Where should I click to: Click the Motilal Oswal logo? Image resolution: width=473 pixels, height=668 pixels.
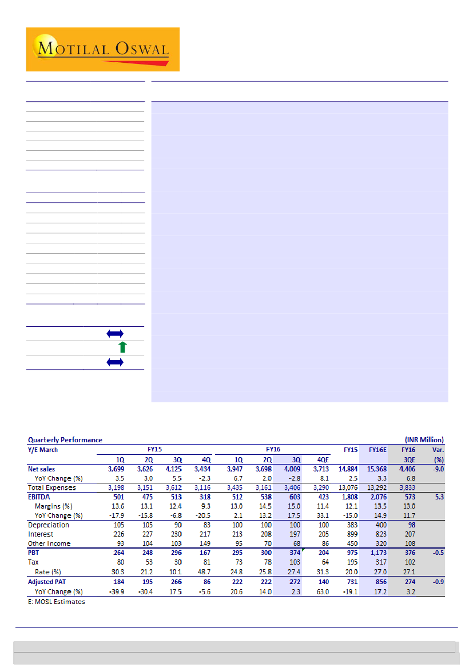click(x=103, y=49)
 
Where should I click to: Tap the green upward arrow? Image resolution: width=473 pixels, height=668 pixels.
click(x=122, y=347)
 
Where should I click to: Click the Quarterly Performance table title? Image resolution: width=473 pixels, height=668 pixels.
click(x=65, y=439)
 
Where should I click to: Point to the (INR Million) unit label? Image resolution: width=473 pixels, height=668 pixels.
click(x=424, y=439)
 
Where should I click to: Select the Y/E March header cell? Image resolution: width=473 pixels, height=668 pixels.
click(x=43, y=450)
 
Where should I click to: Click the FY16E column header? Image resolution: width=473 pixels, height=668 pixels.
click(x=377, y=450)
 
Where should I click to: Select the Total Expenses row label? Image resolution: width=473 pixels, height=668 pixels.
click(x=51, y=487)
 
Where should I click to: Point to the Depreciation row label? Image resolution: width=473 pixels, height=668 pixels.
click(x=49, y=525)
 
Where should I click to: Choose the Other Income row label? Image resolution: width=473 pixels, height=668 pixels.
click(x=49, y=543)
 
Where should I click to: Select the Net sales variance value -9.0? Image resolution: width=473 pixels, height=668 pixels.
click(x=436, y=469)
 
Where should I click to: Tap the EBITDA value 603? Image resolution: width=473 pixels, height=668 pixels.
click(x=292, y=497)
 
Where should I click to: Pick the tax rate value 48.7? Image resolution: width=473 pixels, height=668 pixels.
click(x=204, y=571)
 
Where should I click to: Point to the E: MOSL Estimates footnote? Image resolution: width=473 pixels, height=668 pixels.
click(x=57, y=602)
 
